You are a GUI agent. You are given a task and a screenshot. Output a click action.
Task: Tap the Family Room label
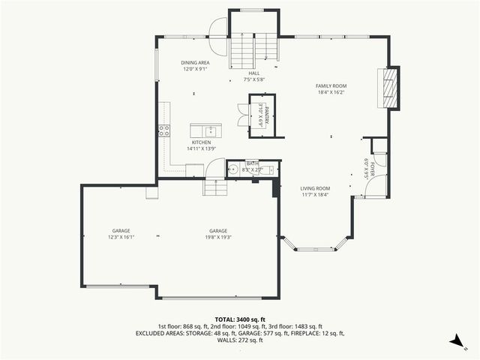pos(330,86)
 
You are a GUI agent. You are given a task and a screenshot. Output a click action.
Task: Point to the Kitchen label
pos(200,142)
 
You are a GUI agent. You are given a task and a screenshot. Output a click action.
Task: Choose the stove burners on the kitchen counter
pos(163,130)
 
